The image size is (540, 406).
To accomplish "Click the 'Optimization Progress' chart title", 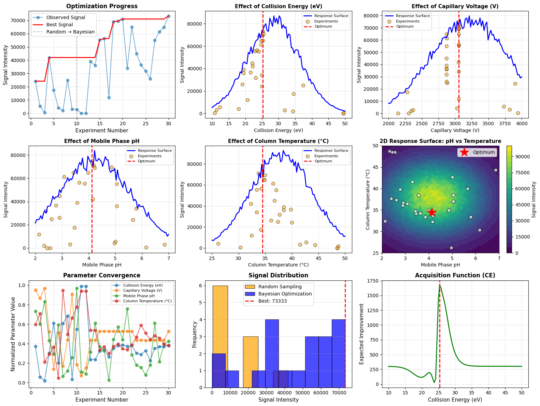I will pos(102,6).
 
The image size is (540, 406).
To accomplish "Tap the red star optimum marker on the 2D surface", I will pos(432,212).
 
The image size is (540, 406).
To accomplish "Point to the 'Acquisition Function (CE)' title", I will pos(455,275).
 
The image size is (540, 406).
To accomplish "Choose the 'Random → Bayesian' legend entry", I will pos(70,32).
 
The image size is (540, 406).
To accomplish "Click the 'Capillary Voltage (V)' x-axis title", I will pos(455,130).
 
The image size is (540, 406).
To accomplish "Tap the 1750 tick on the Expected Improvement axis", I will pos(373,281).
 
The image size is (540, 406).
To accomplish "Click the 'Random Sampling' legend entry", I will pos(280,287).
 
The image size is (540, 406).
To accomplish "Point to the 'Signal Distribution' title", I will pos(279,275).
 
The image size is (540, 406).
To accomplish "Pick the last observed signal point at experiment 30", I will pos(168,16).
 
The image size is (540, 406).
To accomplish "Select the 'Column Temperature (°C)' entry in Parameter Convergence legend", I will pos(147,301).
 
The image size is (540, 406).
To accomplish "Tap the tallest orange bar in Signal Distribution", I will pos(220,336).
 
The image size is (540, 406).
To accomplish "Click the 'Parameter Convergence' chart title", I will pos(102,275).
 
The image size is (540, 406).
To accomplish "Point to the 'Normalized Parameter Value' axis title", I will pos(13,334).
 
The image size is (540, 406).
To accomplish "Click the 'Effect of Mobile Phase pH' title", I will pos(102,141).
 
